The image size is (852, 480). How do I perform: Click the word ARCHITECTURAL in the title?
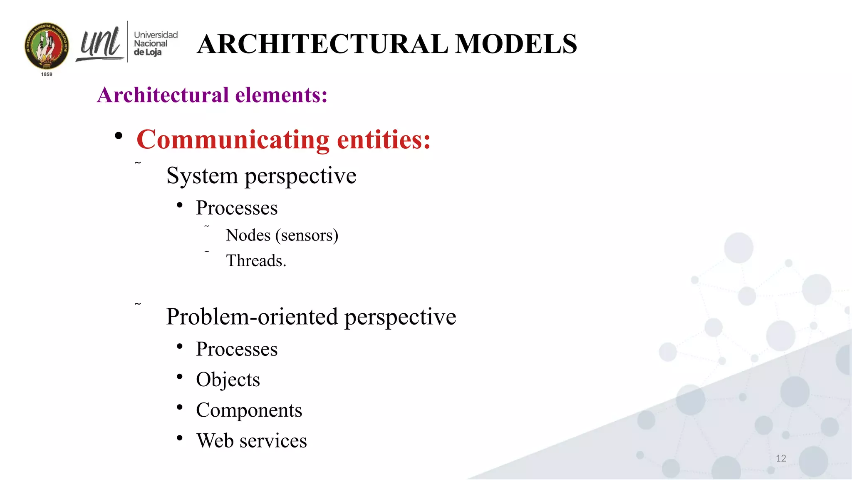coord(322,44)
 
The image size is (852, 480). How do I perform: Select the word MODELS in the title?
coord(516,44)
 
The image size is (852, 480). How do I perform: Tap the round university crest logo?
coord(47,46)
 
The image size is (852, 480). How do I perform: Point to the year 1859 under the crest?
coord(47,74)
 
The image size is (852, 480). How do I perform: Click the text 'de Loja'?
coord(147,52)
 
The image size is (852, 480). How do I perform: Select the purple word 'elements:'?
coord(281,95)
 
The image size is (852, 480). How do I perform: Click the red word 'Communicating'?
coord(233,140)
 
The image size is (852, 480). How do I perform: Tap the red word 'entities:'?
coord(384,140)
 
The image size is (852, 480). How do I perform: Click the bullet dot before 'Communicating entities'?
coord(119,136)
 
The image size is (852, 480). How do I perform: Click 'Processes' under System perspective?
coord(237,208)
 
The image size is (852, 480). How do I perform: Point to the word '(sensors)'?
coord(307,235)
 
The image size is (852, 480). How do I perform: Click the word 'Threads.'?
coord(256,261)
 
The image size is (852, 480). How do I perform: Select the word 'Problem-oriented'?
coord(252,317)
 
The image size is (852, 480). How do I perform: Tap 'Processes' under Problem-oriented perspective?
coord(237,349)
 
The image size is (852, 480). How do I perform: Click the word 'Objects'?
coord(228,380)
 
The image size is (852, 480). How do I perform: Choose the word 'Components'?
coord(249,410)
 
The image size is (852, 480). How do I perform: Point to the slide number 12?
coord(781,458)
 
